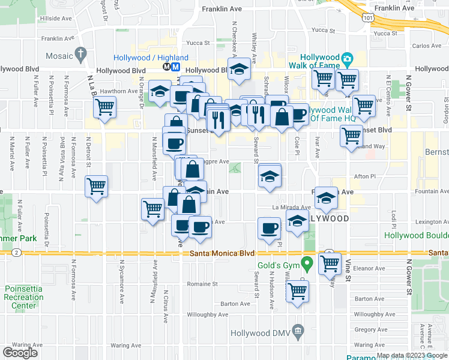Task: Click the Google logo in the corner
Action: click(20, 353)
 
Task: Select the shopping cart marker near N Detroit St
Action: click(96, 187)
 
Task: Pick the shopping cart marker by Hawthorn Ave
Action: click(105, 108)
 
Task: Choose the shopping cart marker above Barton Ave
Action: click(298, 292)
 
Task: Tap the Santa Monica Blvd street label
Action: click(222, 253)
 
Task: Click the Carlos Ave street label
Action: click(427, 46)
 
